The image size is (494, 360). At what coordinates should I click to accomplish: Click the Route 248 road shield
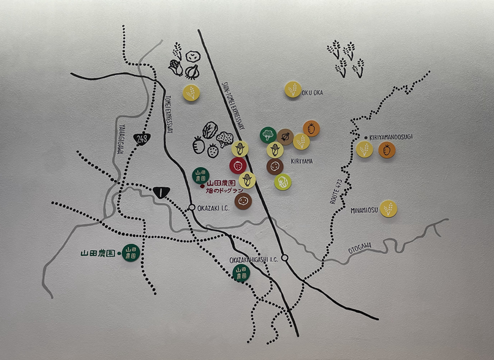point(142,139)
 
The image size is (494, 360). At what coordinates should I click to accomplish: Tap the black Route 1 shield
point(162,191)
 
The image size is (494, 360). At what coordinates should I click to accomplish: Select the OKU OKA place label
point(312,93)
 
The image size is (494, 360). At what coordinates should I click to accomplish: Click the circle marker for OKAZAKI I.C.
point(192,207)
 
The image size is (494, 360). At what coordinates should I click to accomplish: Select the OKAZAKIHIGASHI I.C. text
point(254,259)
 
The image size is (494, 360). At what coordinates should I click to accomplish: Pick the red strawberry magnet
point(238,165)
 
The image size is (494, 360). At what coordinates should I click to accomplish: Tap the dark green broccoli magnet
point(267,134)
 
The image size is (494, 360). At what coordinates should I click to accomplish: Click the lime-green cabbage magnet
point(283,182)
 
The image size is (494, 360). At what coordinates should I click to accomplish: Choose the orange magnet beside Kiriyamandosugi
point(387,150)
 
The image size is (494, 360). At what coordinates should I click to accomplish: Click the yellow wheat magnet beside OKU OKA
point(293,89)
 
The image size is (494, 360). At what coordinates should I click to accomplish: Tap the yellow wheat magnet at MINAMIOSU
point(389,208)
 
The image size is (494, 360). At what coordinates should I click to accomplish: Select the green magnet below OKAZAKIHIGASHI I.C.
point(241,274)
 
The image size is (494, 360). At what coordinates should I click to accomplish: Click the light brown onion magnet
point(285,137)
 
